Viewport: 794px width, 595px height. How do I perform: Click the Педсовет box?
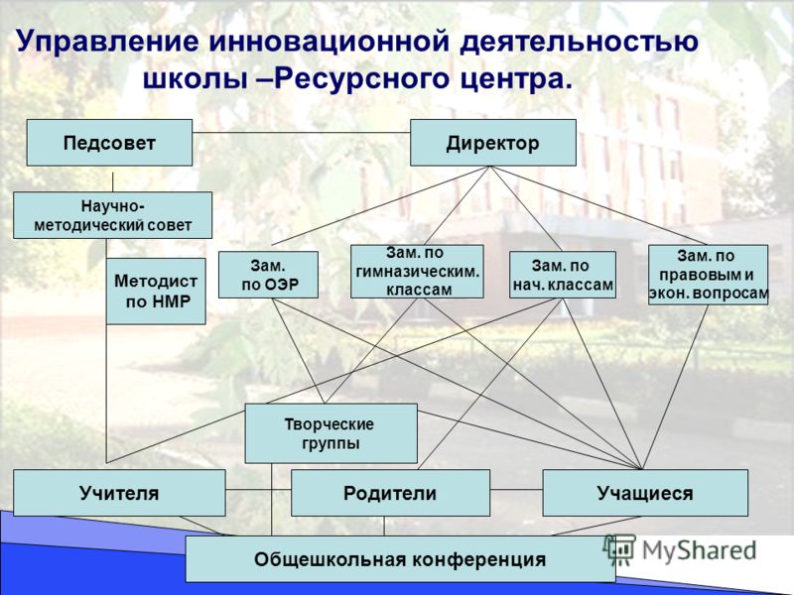coord(109,143)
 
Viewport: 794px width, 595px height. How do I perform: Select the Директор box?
coord(492,143)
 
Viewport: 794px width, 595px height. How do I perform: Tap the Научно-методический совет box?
coord(112,215)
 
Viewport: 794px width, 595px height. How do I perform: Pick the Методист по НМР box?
coord(156,292)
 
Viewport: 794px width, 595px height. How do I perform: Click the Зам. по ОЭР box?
coord(268,275)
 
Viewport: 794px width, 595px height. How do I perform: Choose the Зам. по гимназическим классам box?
coord(417,272)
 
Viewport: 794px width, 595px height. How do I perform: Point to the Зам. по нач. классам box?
coord(563,275)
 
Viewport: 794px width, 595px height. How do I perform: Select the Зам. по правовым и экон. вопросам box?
coord(708,275)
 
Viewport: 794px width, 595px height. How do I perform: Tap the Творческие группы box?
coord(331,433)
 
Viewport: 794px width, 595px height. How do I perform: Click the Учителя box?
coord(119,493)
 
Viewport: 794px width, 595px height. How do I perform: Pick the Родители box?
coord(390,493)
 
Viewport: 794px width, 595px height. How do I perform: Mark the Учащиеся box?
coord(645,493)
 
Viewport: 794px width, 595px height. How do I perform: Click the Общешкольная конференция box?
coord(400,559)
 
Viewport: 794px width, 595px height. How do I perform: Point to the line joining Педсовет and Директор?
coord(302,133)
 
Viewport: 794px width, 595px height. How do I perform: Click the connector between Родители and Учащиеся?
coord(516,489)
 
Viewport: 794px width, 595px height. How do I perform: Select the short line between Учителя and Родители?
coord(258,489)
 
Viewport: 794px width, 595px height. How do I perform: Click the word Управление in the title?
coord(107,43)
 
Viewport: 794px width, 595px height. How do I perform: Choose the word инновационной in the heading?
coord(329,41)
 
